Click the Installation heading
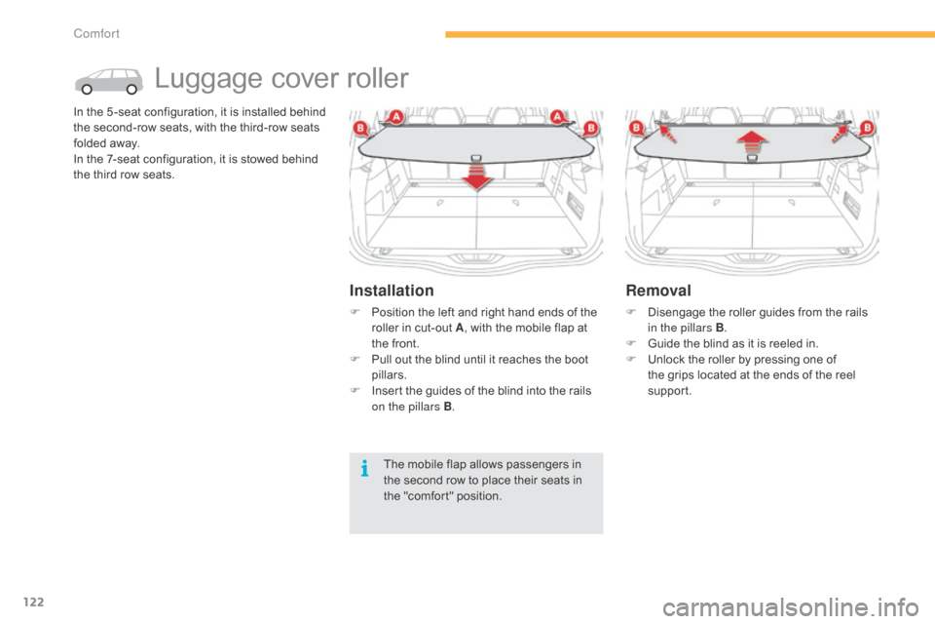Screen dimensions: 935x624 [x=392, y=291]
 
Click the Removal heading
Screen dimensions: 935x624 [x=658, y=291]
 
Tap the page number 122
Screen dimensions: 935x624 [x=33, y=602]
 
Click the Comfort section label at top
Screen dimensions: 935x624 [x=96, y=33]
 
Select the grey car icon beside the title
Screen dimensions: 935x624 [x=108, y=81]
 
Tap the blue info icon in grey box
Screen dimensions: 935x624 [x=364, y=469]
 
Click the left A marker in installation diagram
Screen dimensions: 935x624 [x=395, y=116]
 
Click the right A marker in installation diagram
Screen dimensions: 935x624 [x=557, y=116]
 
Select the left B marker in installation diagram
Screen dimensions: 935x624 [x=360, y=128]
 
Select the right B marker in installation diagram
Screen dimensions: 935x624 [x=591, y=128]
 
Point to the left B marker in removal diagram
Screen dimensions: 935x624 [x=636, y=128]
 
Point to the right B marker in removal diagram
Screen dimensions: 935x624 [x=867, y=128]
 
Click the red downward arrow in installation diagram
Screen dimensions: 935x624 [x=476, y=175]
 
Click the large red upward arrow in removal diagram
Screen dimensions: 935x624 [x=752, y=143]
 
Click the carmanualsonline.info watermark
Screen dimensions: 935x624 [x=790, y=607]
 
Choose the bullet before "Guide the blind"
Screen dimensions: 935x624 [x=631, y=343]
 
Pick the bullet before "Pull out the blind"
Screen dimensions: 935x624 [x=355, y=360]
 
